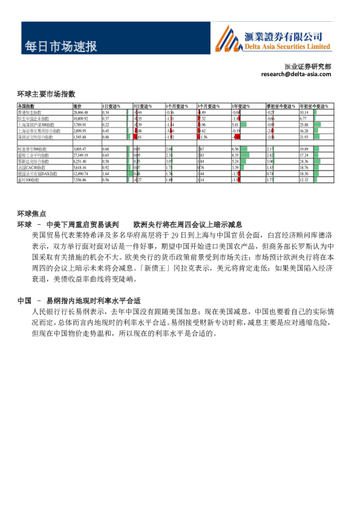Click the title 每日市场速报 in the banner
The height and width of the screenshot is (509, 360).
[x=61, y=47]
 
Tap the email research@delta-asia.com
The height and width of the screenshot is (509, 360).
[x=296, y=74]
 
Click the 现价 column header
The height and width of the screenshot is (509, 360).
[x=77, y=106]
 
